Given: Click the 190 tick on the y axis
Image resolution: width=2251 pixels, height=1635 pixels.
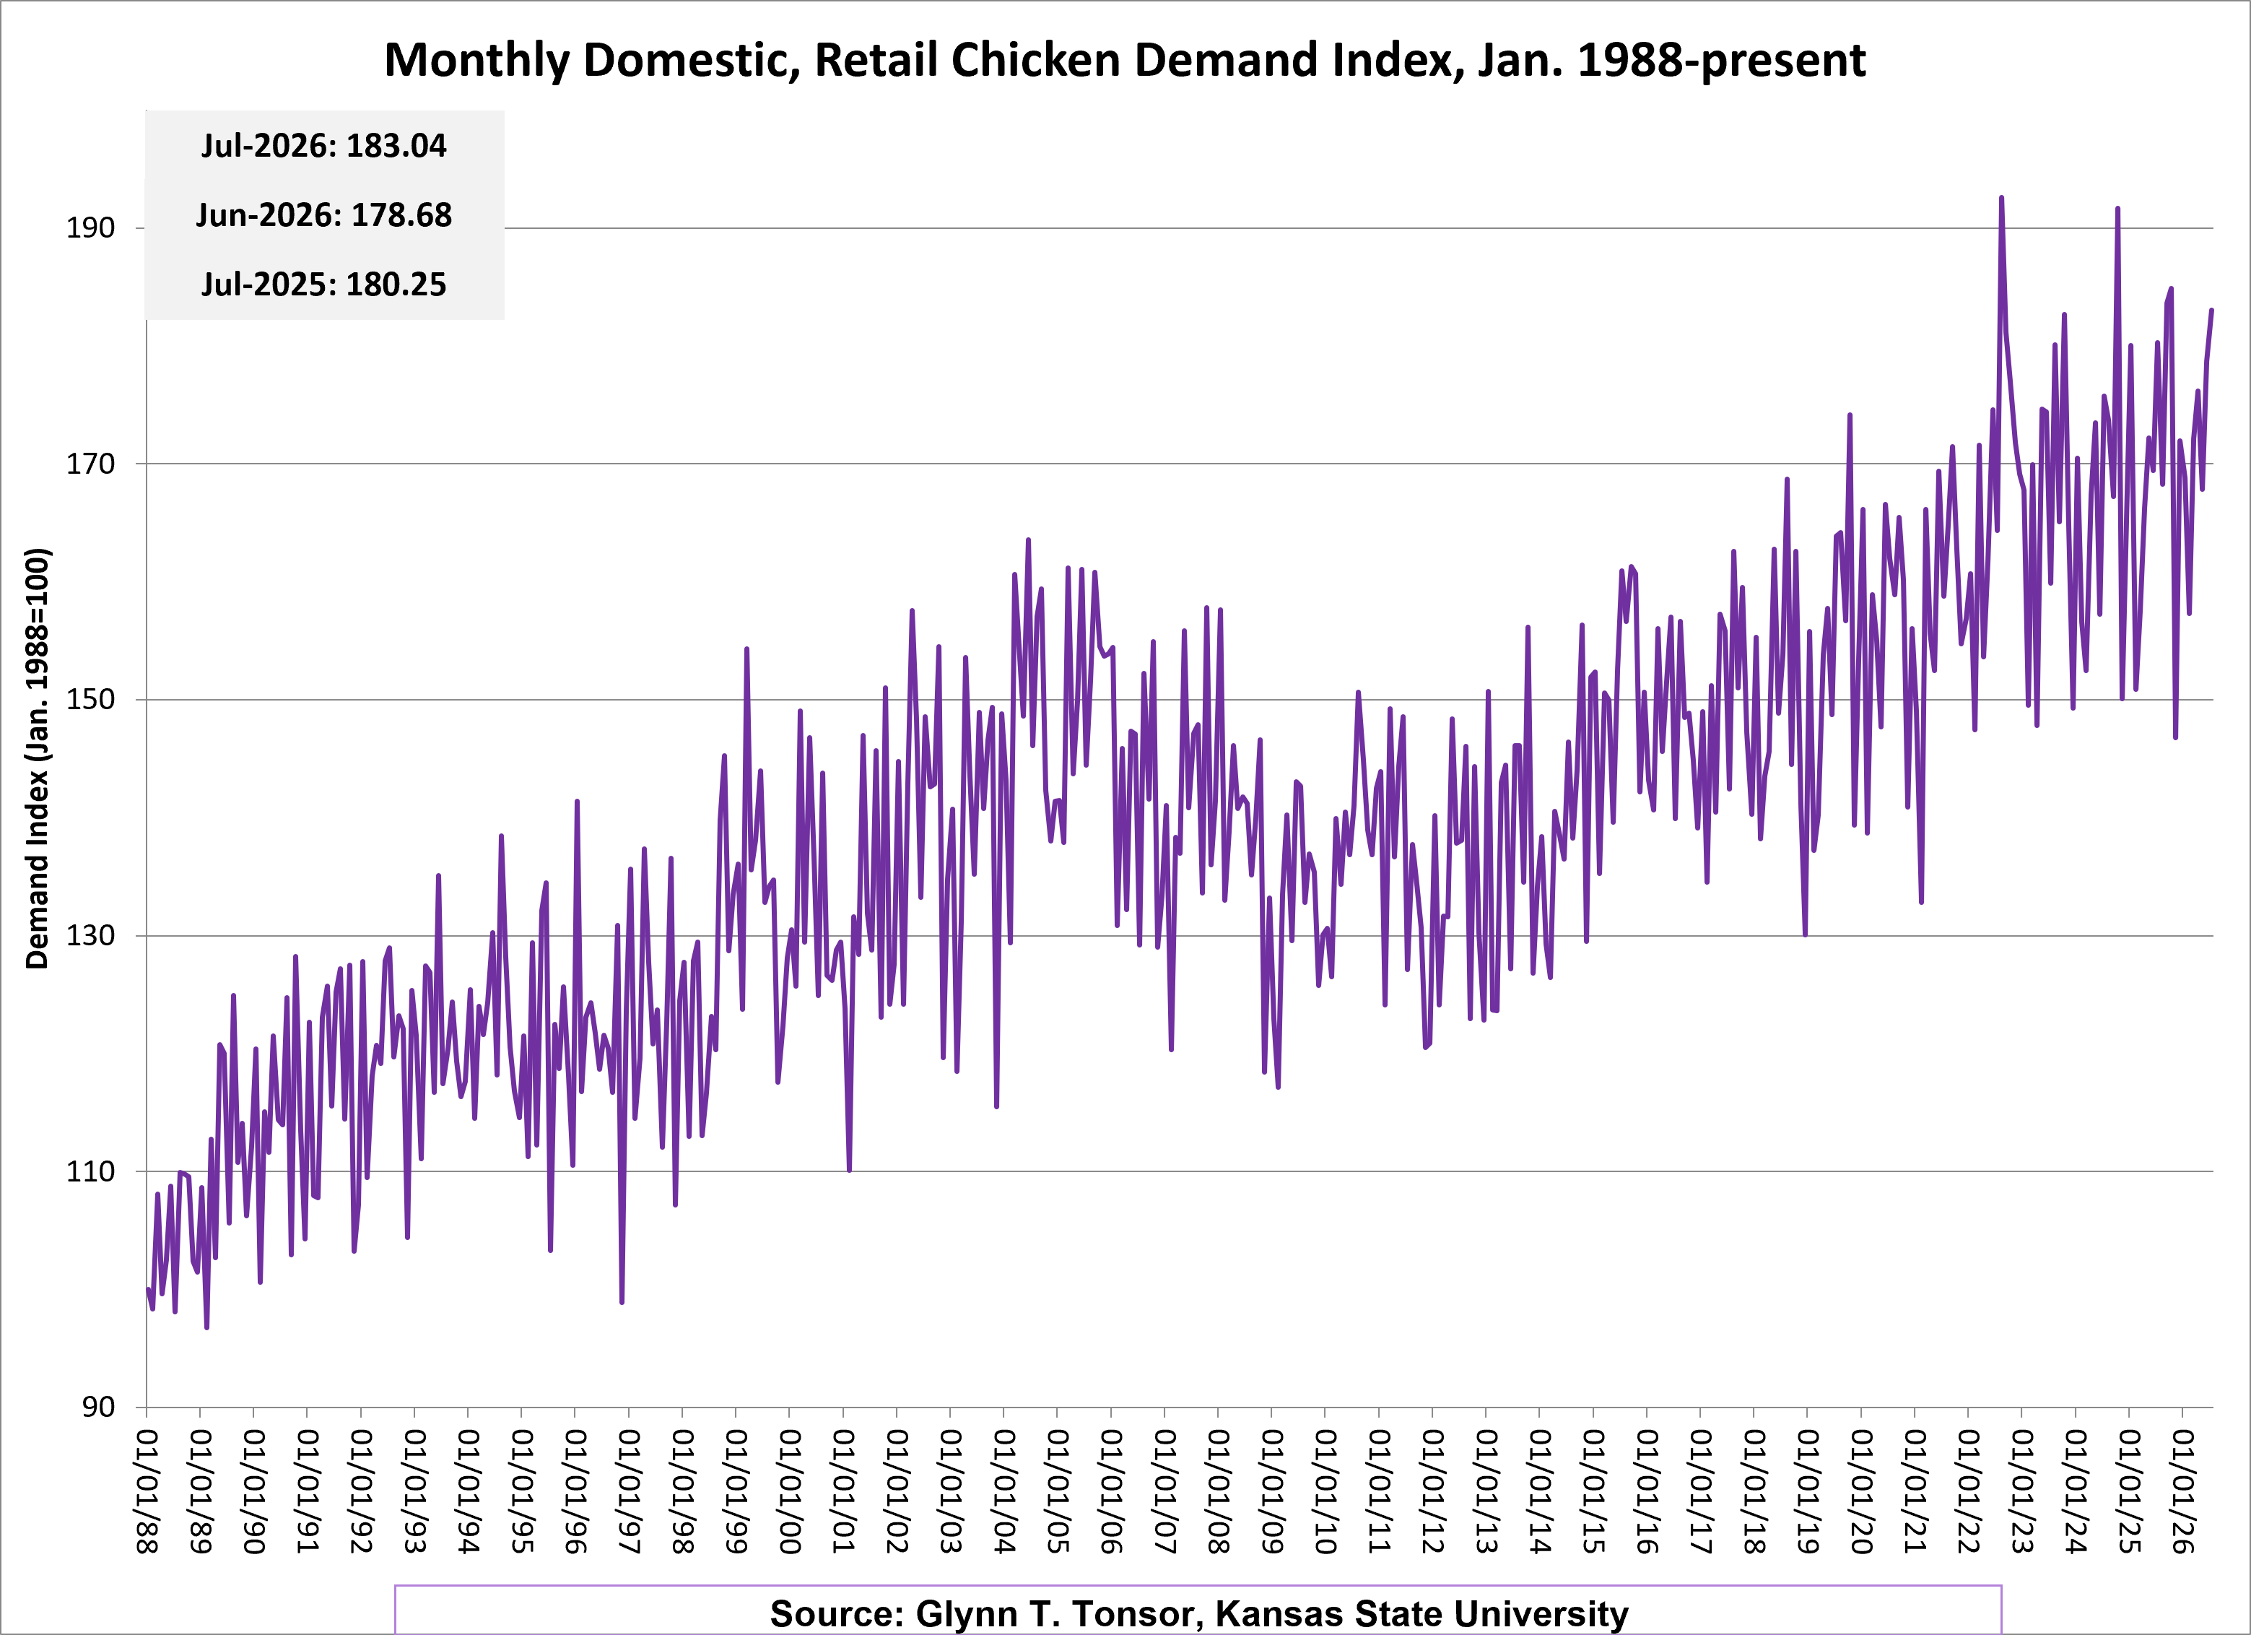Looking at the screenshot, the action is coord(90,228).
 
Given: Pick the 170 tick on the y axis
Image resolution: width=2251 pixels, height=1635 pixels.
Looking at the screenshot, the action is coord(90,464).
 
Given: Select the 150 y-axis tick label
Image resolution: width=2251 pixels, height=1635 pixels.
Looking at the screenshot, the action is coord(90,700).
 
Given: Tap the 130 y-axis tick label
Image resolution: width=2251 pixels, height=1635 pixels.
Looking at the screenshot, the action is coord(90,935).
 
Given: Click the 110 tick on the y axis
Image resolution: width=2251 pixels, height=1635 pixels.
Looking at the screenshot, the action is coord(90,1171).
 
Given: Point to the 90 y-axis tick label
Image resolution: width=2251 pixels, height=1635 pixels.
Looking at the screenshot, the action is coord(98,1407).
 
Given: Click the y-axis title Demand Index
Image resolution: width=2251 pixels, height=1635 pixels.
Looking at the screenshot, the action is coord(37,758).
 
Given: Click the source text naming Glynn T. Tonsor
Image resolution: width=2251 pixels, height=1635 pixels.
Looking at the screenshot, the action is coord(1199,1613).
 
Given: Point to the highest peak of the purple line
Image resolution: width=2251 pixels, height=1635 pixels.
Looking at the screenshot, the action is coord(2001,198).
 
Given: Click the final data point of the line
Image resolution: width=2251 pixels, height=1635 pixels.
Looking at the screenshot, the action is coord(2211,311).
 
